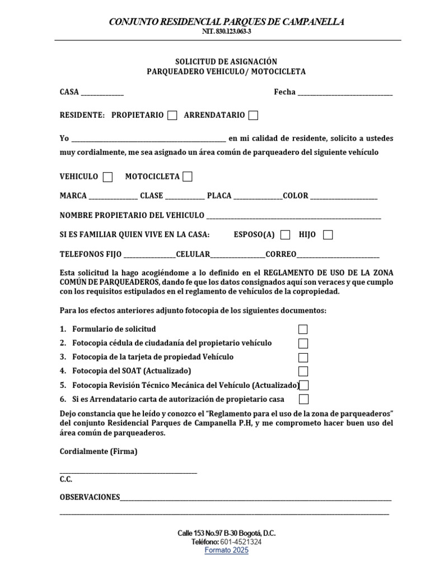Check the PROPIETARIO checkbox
click(172, 115)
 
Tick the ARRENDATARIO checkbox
click(253, 115)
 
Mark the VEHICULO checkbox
click(107, 177)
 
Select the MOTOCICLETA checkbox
click(188, 177)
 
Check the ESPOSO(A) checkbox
click(286, 235)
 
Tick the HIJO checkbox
click(328, 235)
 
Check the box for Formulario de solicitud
click(303, 330)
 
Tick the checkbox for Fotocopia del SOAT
click(303, 371)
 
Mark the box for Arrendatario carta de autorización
click(303, 400)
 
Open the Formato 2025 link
click(226, 550)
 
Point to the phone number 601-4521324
click(241, 542)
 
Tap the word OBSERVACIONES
click(90, 497)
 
